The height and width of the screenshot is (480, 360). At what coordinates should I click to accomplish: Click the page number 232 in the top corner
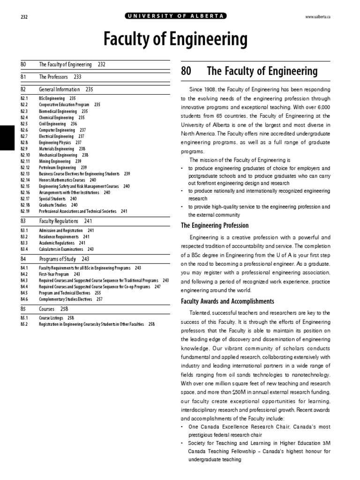click(x=24, y=17)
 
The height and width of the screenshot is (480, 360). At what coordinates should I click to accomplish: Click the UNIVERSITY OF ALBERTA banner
click(x=176, y=16)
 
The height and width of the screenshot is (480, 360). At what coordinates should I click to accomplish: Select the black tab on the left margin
click(x=7, y=138)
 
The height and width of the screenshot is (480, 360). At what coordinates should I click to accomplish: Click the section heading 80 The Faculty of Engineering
click(x=249, y=71)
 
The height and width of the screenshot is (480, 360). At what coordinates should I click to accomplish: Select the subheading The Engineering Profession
click(x=215, y=225)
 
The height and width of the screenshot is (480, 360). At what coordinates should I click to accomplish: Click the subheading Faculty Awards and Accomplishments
click(x=227, y=301)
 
